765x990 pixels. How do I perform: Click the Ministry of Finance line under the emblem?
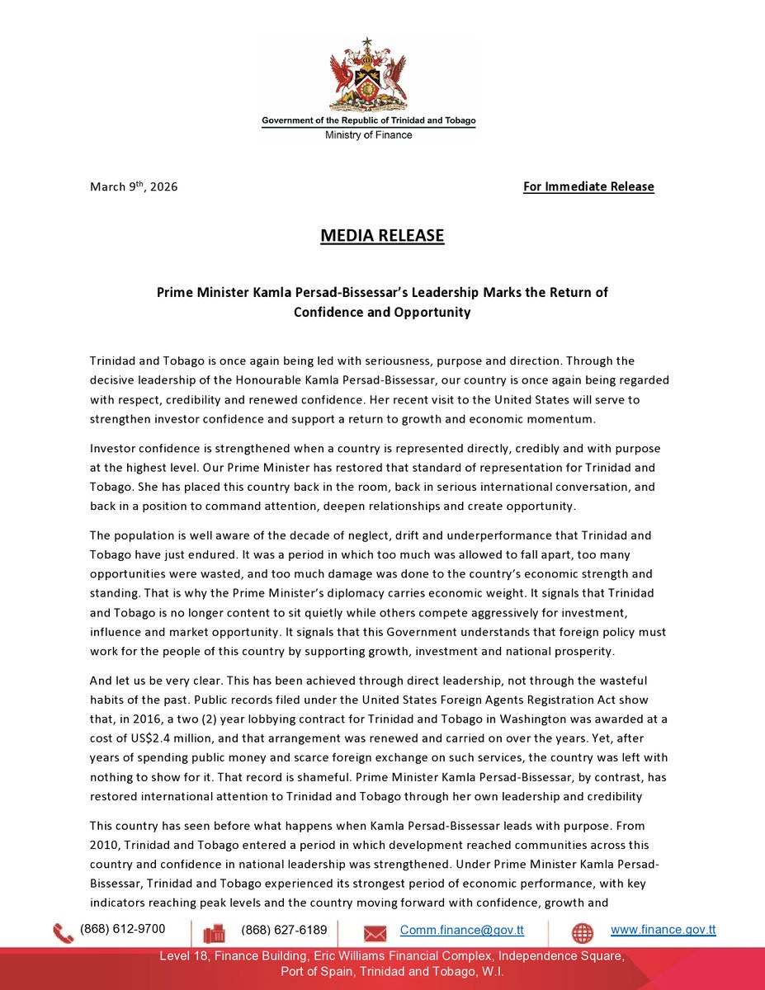coord(369,134)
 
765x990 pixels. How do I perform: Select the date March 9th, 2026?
coord(134,186)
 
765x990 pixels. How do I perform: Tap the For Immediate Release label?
coord(588,186)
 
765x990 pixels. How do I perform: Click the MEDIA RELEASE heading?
coord(382,236)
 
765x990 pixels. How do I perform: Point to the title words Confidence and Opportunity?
coord(382,313)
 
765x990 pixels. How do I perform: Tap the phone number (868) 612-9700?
coord(122,929)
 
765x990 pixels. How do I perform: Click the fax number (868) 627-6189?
coord(284,930)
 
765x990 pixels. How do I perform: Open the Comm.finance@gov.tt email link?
coord(462,930)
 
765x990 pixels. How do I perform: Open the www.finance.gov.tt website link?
coord(663,930)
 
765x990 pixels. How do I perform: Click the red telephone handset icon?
coord(63,933)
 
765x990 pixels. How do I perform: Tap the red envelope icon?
coord(375,934)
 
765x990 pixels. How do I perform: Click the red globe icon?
coord(583,933)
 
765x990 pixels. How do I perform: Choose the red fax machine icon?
coord(214,933)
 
